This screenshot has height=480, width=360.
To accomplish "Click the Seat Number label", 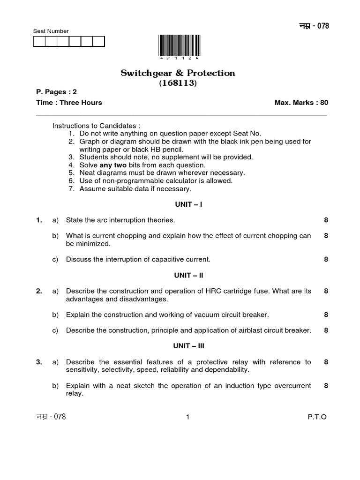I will coord(51,31).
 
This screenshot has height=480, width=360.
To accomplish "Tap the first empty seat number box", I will coord(39,42).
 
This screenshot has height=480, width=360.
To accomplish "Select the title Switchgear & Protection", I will coord(178,73).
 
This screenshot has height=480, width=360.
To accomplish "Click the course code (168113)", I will coord(178,83).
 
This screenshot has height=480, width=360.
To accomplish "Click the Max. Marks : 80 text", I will coord(300,103).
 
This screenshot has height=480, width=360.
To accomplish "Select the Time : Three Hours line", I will coord(69,103).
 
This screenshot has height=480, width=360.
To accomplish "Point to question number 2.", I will coord(39,291).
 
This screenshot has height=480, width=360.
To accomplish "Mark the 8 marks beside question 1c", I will coord(326,259).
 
